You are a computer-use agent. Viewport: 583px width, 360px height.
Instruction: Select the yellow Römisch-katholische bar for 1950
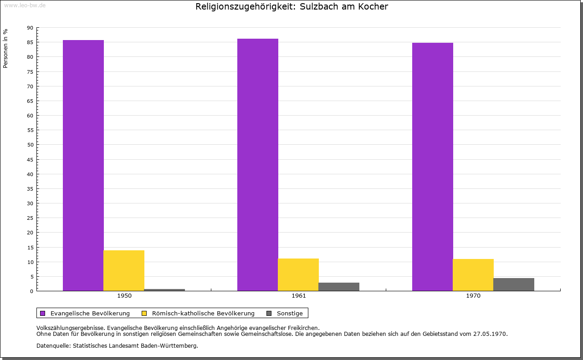[124, 270]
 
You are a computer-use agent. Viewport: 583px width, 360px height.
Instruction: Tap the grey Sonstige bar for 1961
[339, 287]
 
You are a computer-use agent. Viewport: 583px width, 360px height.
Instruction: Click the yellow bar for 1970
[473, 275]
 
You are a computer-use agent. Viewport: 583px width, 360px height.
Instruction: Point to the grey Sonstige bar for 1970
[514, 284]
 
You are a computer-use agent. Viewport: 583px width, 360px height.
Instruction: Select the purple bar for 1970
[433, 167]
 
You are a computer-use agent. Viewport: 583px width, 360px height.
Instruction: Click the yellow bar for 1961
[298, 274]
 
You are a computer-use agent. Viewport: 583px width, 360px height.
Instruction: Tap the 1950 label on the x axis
[124, 296]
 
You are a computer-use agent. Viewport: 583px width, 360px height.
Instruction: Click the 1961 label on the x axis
[299, 296]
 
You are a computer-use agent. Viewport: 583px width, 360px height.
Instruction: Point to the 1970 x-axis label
[473, 296]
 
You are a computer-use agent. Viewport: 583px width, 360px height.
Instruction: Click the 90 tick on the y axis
[30, 28]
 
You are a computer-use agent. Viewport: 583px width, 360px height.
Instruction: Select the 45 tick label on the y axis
[30, 159]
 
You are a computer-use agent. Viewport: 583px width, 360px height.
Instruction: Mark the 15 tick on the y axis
[30, 247]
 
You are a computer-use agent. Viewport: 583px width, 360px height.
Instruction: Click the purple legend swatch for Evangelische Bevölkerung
[43, 313]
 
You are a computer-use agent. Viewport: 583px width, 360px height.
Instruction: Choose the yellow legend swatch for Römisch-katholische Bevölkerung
[144, 313]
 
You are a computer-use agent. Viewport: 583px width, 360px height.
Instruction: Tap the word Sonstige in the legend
[290, 313]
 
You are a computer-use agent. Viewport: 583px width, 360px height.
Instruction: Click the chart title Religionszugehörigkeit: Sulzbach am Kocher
[291, 7]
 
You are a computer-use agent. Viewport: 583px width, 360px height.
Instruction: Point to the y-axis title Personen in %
[5, 48]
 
